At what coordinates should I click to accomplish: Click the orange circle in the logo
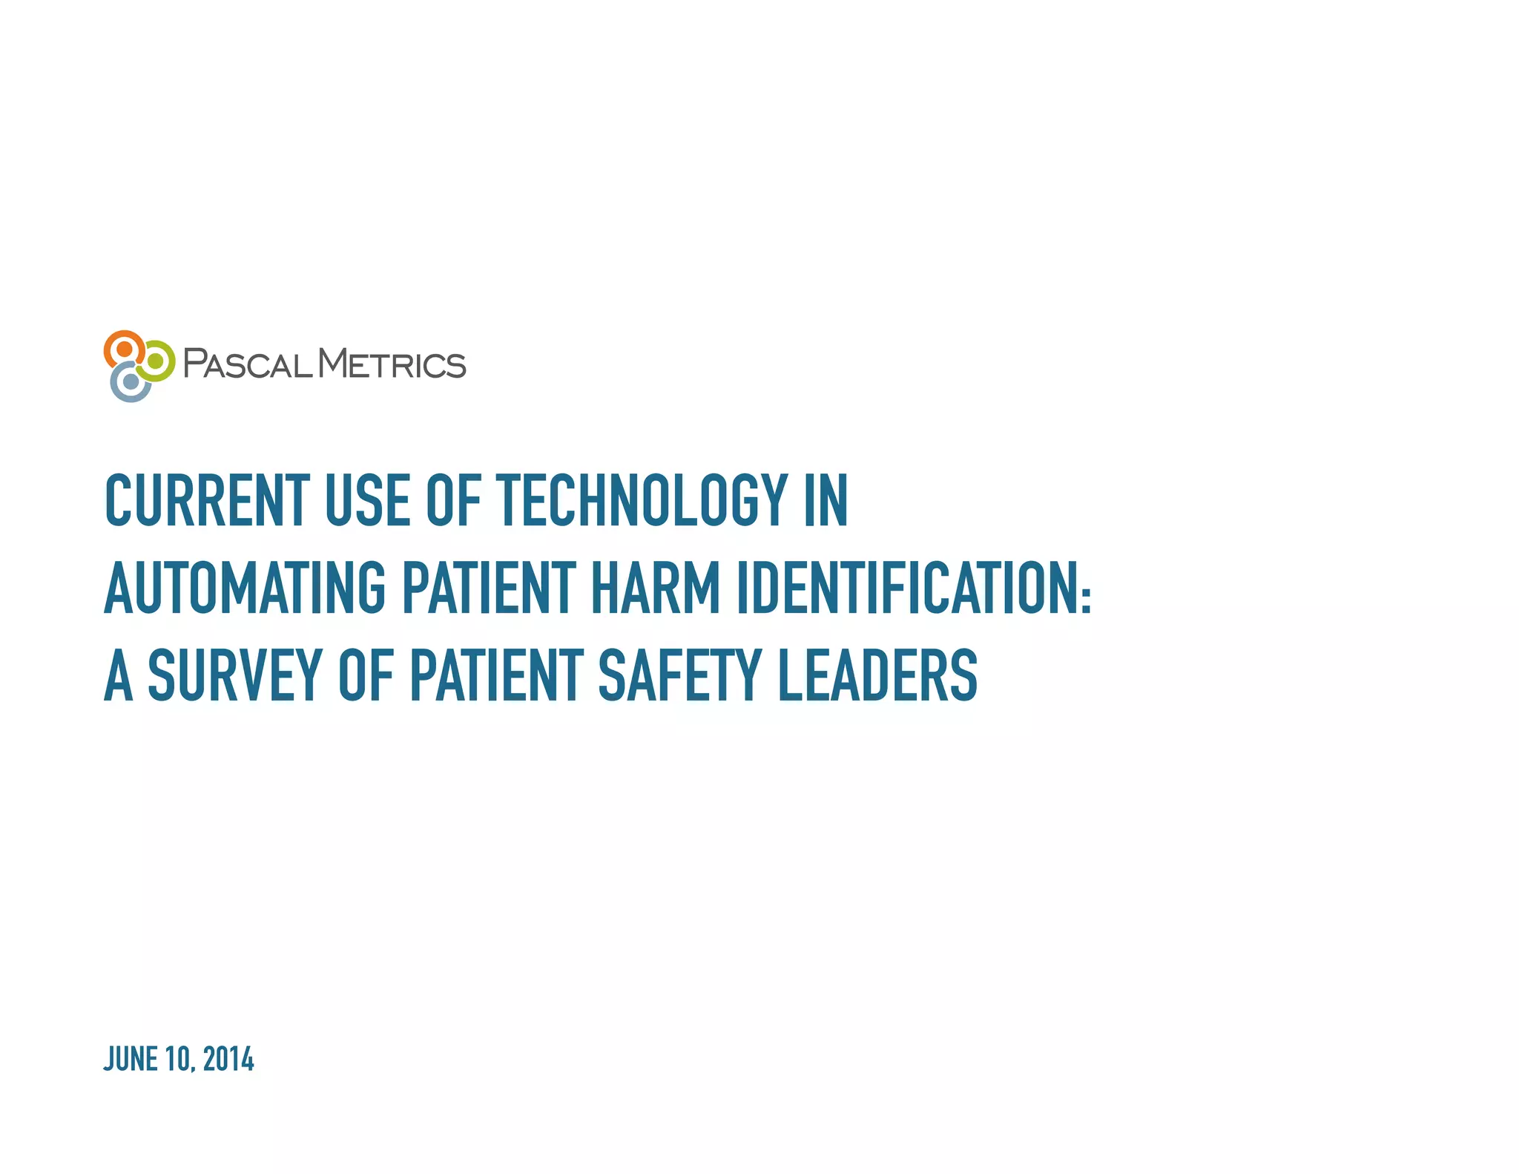pos(125,349)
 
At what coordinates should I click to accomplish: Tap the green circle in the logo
pos(156,361)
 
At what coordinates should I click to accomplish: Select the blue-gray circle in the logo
pos(131,382)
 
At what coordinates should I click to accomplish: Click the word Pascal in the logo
pos(248,364)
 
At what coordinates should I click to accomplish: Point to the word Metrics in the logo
pos(392,364)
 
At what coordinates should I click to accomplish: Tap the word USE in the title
pos(367,501)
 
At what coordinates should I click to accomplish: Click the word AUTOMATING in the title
pos(245,588)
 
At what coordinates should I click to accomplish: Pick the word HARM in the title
pos(656,588)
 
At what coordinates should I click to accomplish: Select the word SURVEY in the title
pos(234,675)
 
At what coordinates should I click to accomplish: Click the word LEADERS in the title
pos(877,675)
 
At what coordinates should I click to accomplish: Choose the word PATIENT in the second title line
pos(489,588)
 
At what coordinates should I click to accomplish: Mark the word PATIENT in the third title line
pos(497,675)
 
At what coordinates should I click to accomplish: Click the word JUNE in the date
pos(131,1059)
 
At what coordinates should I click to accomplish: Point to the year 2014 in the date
pos(228,1059)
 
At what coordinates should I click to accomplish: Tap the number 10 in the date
pos(179,1059)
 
